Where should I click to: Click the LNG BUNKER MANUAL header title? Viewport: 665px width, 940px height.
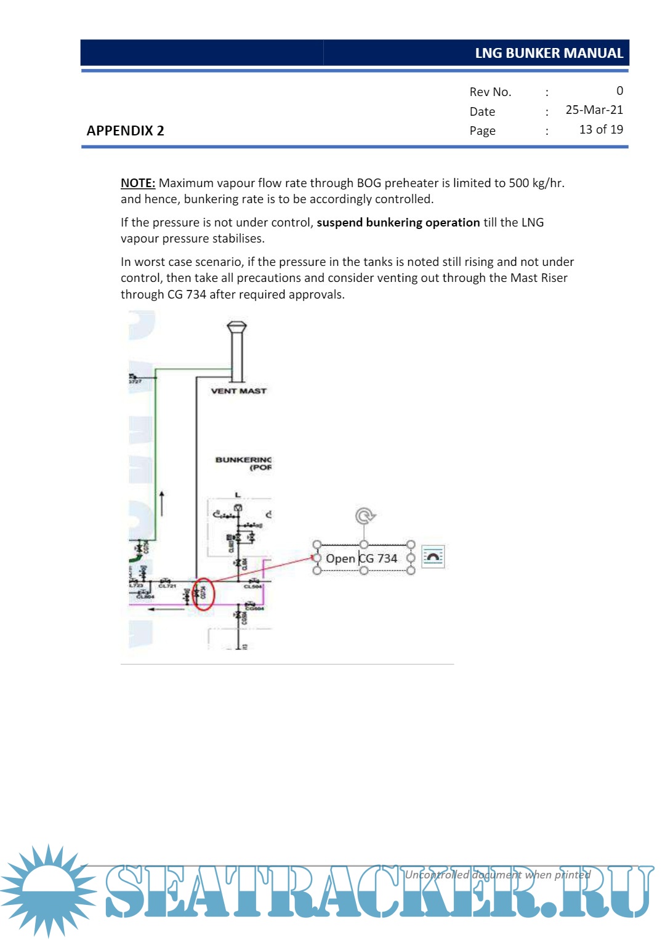[549, 53]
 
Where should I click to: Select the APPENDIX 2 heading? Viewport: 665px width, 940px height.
[125, 131]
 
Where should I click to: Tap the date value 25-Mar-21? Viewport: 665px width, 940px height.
[594, 110]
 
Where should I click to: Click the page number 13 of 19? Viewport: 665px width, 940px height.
[601, 129]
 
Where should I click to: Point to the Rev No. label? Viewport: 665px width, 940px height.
[490, 92]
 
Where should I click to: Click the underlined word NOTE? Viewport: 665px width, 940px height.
[137, 183]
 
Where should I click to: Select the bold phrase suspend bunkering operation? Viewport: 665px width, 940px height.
[398, 222]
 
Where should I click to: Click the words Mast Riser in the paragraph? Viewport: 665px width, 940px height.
[539, 278]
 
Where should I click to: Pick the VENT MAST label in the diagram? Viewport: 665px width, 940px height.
[238, 391]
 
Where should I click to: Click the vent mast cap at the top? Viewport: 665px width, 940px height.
[236, 327]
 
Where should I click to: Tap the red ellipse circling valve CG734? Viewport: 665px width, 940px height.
[203, 594]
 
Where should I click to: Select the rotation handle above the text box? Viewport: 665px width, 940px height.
[365, 515]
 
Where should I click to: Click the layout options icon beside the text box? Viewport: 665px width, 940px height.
[433, 557]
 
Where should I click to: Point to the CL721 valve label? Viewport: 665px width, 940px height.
[167, 586]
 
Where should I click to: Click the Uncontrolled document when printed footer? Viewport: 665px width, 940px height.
[498, 875]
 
